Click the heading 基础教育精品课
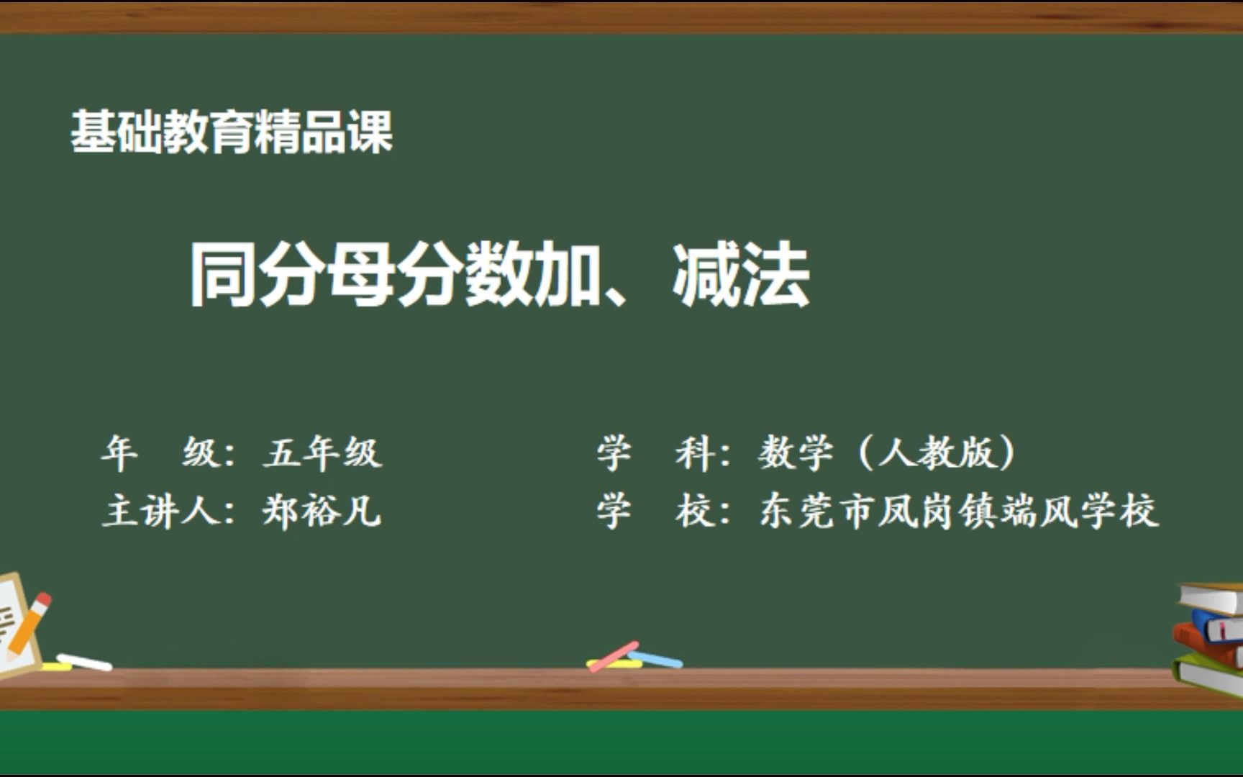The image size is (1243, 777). click(x=232, y=132)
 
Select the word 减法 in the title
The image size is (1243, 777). click(x=741, y=274)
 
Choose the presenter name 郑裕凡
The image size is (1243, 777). click(x=322, y=512)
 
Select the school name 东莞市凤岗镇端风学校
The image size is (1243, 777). click(x=958, y=512)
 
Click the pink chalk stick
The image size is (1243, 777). click(x=613, y=655)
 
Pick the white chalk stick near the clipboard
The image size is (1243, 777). click(x=85, y=662)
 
